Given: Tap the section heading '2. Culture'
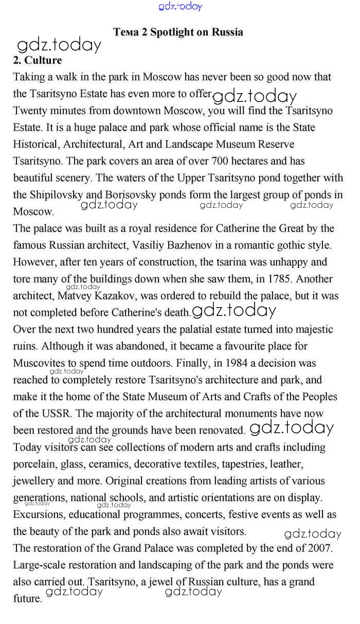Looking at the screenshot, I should [x=37, y=60].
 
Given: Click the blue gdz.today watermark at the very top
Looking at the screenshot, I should [x=181, y=6].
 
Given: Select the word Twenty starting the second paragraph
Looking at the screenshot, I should [x=30, y=111].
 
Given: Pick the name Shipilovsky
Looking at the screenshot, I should [x=56, y=194].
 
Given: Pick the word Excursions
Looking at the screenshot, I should [x=37, y=514].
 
